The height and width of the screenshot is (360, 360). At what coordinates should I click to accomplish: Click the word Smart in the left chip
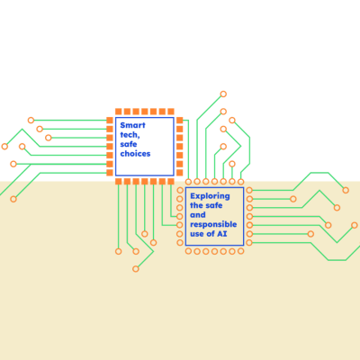point(132,125)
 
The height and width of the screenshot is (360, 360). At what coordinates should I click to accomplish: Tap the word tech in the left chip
point(130,135)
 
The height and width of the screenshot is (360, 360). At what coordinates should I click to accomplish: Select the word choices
point(135,154)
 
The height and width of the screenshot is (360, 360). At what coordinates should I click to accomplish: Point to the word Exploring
point(210,196)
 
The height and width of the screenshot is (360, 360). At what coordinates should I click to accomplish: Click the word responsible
point(213,224)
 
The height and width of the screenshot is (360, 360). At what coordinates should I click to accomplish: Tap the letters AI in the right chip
point(222,234)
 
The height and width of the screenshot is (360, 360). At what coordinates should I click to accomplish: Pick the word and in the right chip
point(198,215)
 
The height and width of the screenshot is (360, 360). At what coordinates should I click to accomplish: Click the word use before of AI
point(197,234)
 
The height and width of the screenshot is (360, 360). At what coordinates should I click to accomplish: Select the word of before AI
point(211,234)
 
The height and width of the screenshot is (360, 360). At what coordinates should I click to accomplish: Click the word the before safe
point(196,205)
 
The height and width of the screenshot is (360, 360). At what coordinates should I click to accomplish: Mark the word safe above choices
point(129,144)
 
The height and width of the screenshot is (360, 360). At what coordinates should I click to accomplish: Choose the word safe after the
point(213,205)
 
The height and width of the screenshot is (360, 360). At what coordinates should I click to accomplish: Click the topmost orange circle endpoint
point(223,94)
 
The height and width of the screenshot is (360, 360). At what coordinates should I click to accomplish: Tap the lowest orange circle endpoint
point(136,269)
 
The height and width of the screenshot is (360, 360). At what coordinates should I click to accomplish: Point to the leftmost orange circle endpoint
point(4,147)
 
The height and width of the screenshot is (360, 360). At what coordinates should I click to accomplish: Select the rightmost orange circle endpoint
point(355,225)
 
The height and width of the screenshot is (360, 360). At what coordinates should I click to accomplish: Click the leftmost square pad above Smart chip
point(119,112)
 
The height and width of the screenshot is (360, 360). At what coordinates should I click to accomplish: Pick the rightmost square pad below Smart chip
point(171,181)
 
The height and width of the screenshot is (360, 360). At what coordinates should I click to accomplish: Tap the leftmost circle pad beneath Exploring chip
point(188,251)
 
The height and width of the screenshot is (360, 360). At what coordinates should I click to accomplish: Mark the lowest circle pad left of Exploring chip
point(180,242)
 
